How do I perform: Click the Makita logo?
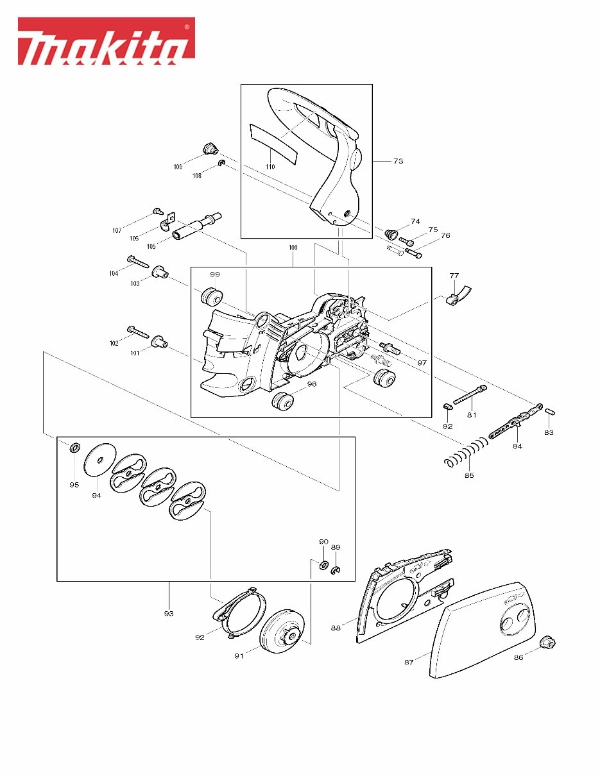106,42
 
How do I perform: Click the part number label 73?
398,162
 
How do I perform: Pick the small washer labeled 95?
74,447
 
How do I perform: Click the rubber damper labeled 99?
211,297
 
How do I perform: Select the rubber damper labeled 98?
282,403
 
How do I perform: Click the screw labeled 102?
137,331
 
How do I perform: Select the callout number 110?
270,167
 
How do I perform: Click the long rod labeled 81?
470,394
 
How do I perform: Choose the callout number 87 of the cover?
409,662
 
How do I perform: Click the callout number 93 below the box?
169,613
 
